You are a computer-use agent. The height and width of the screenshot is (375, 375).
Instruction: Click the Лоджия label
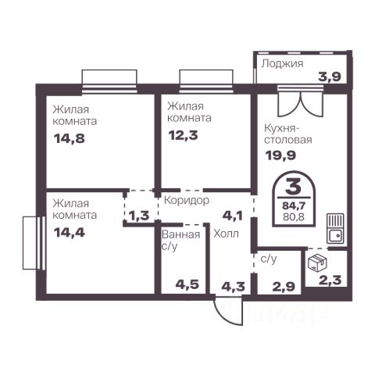point(282,63)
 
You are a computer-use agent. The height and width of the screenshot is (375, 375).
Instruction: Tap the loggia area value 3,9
point(330,77)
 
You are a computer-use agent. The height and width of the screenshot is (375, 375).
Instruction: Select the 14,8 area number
point(70,138)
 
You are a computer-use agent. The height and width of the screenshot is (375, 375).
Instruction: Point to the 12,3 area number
point(183,135)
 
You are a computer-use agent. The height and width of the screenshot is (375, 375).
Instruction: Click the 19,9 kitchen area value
point(280,155)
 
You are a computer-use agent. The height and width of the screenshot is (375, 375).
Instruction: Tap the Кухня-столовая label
point(288,134)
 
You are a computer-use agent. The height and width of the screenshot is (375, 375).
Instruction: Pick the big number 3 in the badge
point(293,187)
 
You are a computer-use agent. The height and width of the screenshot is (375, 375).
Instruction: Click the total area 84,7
point(294,206)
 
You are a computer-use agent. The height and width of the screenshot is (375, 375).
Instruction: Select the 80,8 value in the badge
point(294,216)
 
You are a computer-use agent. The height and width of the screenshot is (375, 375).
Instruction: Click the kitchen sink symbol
point(336,228)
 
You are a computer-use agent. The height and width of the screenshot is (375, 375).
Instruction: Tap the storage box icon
point(317,262)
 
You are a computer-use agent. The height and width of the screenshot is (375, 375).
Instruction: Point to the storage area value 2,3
point(330,280)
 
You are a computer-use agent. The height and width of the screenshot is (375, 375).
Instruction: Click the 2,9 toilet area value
point(284,287)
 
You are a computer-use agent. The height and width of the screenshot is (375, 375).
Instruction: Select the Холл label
point(226,234)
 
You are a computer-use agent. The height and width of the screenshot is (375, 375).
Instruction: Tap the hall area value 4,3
point(234,287)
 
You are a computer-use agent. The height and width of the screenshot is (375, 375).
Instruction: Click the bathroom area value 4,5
point(187,284)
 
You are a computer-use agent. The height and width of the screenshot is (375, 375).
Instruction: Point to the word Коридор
point(187,201)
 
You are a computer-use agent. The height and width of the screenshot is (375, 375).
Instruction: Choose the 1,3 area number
point(139,216)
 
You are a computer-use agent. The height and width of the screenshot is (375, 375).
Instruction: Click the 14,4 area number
point(70,233)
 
